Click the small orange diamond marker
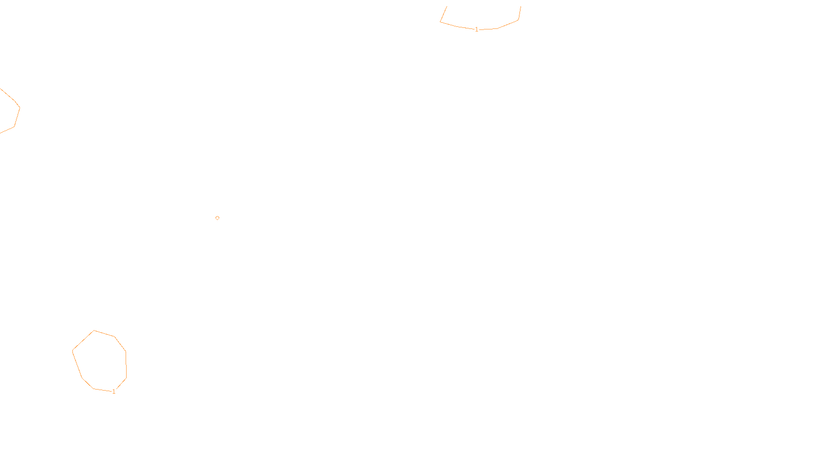217,218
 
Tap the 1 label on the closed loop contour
114,392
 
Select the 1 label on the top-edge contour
477,29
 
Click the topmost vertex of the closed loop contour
94,331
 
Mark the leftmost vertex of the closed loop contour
72,351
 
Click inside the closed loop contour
100,361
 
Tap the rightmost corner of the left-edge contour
20,107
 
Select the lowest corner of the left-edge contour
1,133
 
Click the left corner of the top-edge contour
440,22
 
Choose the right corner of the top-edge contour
518,20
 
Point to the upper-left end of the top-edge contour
447,7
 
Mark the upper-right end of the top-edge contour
520,7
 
